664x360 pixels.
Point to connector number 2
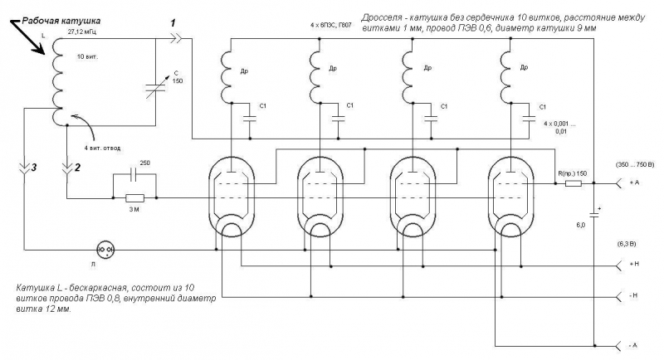[x=69, y=171]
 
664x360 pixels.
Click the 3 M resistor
[x=133, y=198]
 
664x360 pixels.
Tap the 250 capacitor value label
[x=145, y=163]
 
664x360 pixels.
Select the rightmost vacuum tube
[x=508, y=197]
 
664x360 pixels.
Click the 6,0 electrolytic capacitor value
[x=582, y=224]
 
